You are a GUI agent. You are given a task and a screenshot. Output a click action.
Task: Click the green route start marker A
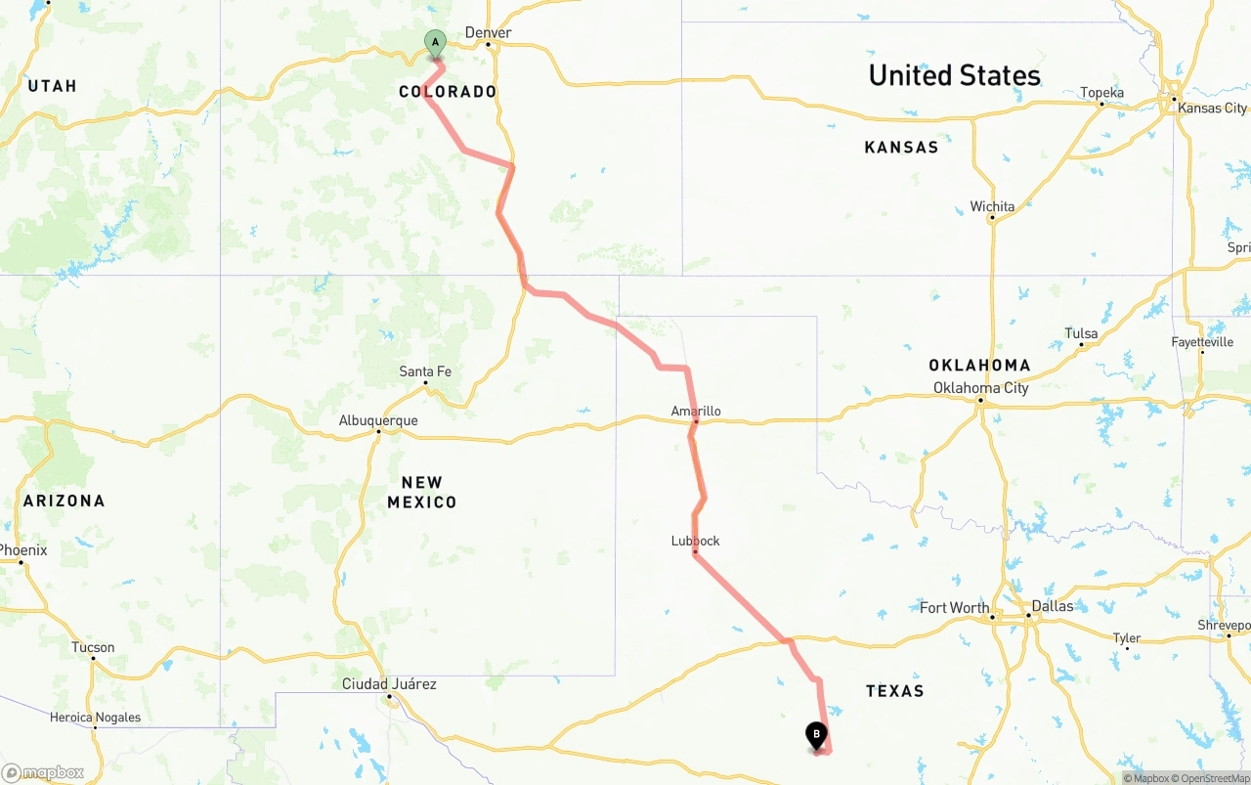point(435,43)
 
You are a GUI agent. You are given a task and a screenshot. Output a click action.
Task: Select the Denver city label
point(488,33)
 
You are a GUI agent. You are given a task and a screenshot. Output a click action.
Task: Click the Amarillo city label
point(696,412)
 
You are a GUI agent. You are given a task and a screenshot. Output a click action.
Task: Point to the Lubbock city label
point(695,542)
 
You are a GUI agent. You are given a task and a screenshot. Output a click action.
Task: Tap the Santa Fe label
point(425,371)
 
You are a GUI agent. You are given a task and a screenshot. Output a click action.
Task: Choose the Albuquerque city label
point(378,421)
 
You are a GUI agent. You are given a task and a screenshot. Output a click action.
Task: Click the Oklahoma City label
point(980,388)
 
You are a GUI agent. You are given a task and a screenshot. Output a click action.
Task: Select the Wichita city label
point(992,207)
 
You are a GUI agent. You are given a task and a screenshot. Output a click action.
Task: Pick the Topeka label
point(1101,94)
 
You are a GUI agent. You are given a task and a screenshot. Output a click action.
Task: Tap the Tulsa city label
point(1081,334)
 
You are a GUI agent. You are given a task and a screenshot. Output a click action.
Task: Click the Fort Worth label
point(955,608)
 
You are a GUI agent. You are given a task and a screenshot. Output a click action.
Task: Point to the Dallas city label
point(1052,606)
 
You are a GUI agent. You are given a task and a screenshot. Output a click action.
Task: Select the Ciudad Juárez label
point(389,684)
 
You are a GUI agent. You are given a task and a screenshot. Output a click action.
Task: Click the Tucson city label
point(93,648)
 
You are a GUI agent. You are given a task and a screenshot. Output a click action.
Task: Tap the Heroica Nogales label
point(95,718)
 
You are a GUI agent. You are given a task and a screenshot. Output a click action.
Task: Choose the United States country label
point(954,75)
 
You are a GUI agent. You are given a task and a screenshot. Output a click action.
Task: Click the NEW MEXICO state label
point(421,492)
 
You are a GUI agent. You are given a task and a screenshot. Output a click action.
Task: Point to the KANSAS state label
point(901,148)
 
